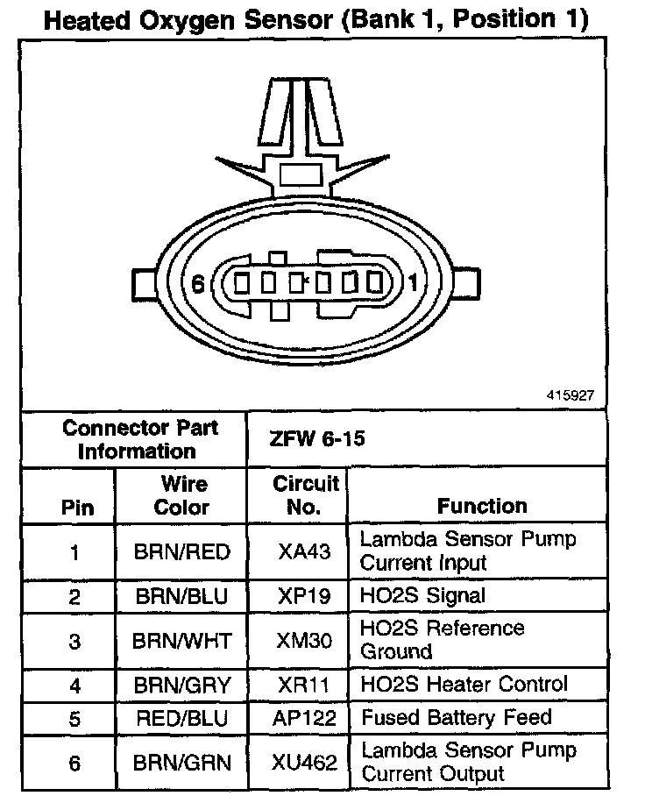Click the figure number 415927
coord(569,395)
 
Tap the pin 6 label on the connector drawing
coord(198,283)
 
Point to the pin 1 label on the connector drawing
coord(414,283)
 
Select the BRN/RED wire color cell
coord(181,552)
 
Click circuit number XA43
coord(304,552)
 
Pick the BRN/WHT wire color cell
coord(181,641)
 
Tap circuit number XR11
coord(304,685)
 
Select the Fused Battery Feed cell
coord(457,718)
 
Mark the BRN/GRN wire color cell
coord(181,763)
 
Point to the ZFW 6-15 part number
coord(306,438)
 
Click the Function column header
coord(482,506)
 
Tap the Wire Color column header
coord(182,495)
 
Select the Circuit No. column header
coord(305,495)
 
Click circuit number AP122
coord(305,718)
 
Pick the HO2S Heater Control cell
coord(464,685)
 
